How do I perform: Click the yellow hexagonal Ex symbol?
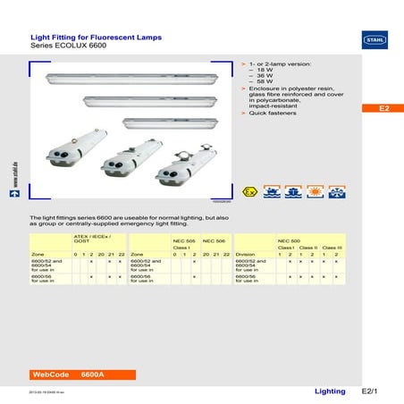tap(254, 193)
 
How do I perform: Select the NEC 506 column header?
tap(215, 241)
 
